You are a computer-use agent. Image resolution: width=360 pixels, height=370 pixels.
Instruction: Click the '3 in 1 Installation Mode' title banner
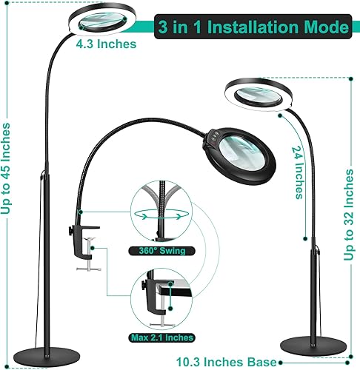click(253, 29)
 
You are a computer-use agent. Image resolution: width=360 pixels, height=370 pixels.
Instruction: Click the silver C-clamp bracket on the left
click(93, 256)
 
